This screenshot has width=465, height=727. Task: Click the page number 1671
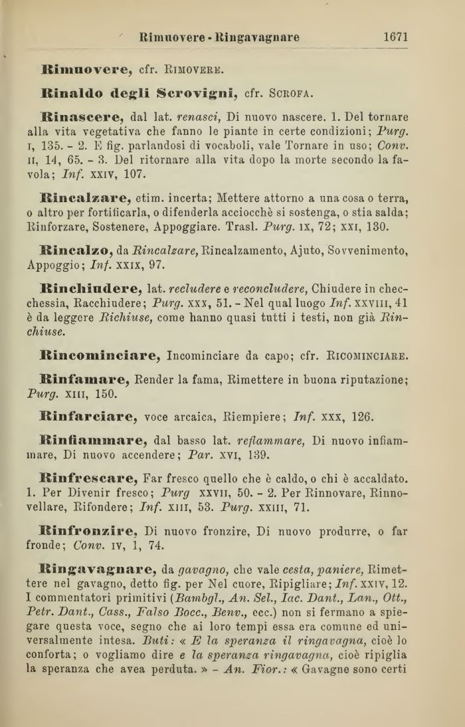[x=395, y=37]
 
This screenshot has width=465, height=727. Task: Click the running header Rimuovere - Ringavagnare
[x=219, y=37]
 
